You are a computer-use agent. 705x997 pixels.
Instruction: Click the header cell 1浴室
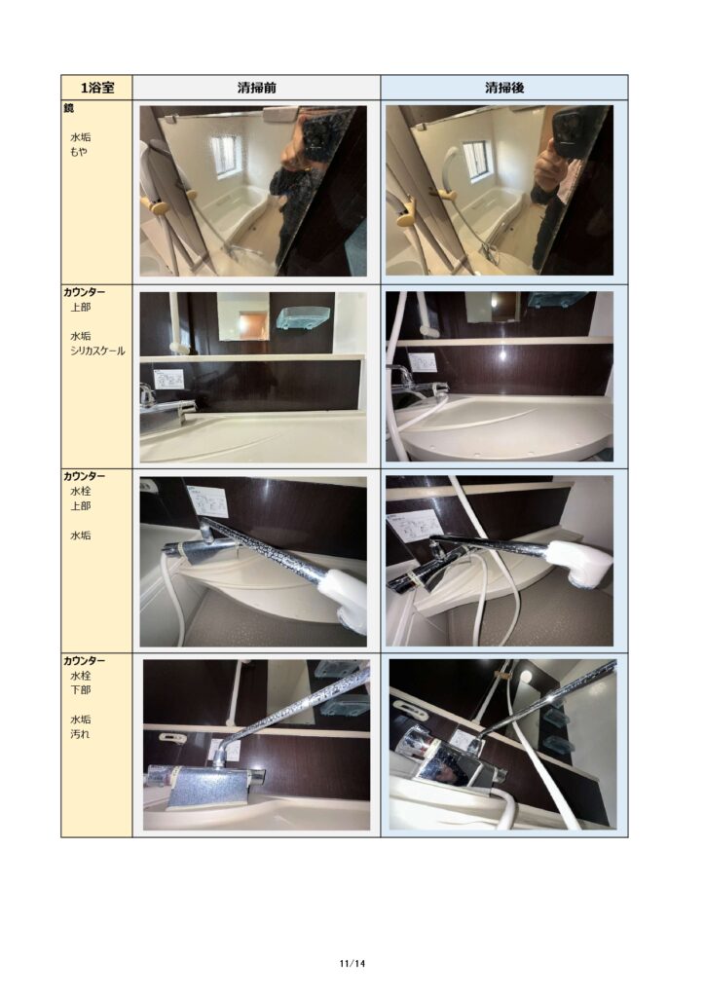pos(96,88)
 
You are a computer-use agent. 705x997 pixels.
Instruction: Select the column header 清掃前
pos(256,88)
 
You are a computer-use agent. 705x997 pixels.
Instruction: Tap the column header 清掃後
pos(504,88)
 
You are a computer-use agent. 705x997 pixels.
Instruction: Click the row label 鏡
pos(69,108)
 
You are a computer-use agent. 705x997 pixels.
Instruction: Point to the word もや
pos(79,152)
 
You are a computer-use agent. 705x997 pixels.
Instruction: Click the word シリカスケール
pos(97,351)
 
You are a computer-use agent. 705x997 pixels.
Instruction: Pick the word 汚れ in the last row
pos(80,734)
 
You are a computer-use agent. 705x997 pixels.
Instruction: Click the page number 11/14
pos(352,963)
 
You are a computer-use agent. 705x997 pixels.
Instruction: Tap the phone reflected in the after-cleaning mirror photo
pos(573,132)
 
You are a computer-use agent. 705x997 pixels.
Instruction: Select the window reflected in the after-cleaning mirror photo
pos(476,162)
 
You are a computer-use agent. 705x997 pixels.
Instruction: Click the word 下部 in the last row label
pos(80,690)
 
